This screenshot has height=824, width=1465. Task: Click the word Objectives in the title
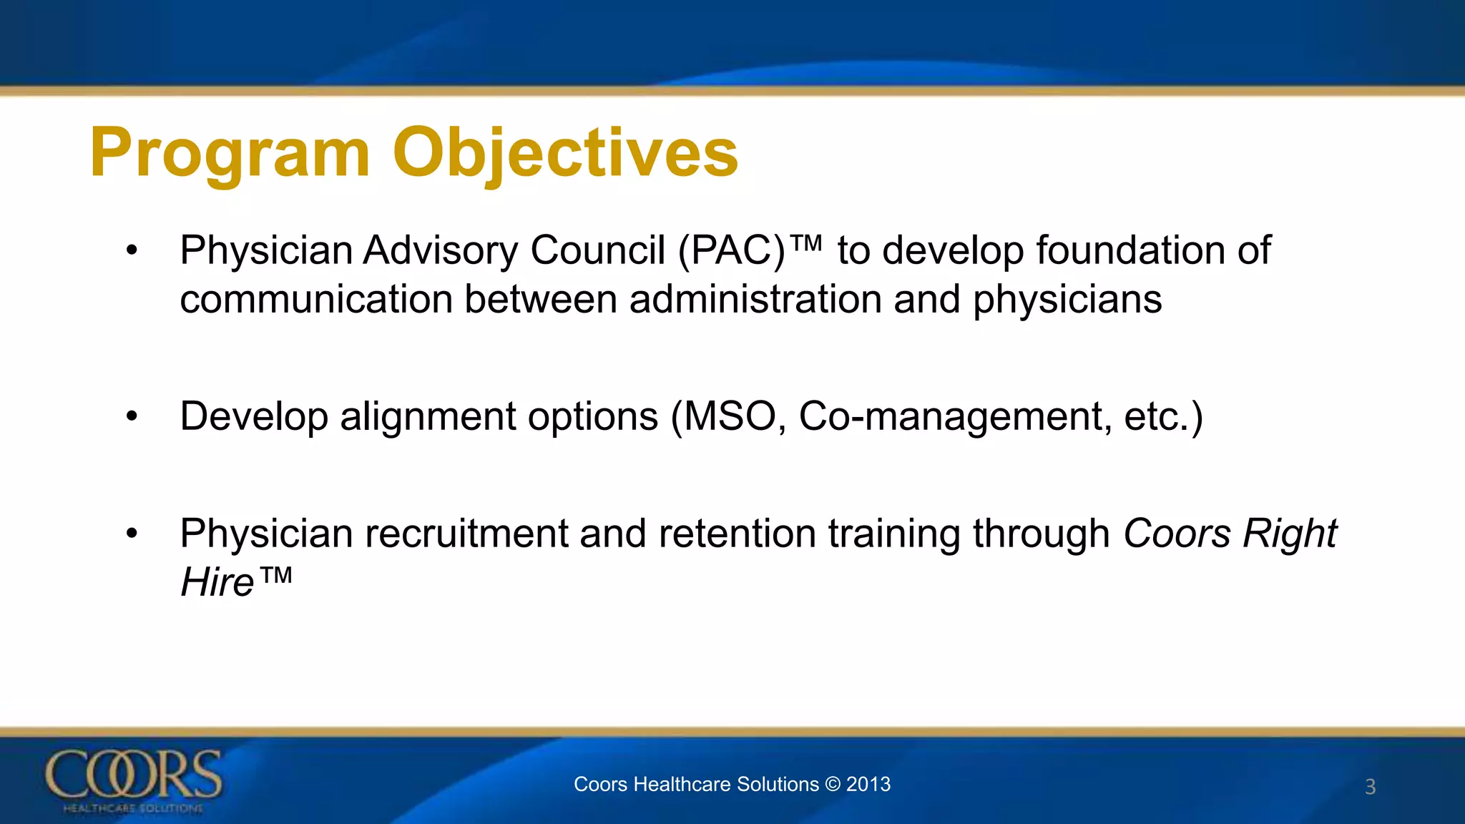[565, 153]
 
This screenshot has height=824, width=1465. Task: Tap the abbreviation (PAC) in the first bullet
[732, 251]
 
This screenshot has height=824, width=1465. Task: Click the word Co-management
[955, 416]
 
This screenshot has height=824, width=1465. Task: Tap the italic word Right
[1290, 534]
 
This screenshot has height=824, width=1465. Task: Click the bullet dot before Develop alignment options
[131, 416]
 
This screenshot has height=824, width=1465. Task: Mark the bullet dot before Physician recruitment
[131, 534]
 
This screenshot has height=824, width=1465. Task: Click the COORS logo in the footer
[134, 780]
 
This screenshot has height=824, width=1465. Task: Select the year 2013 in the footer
[868, 784]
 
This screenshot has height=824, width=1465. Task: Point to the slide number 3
[1370, 787]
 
